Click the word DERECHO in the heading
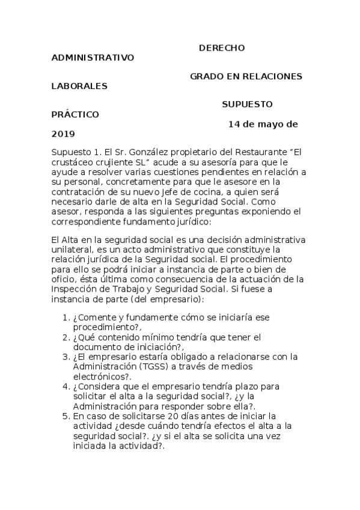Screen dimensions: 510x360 pyautogui.click(x=222, y=48)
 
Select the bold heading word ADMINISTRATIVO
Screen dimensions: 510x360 pyautogui.click(x=93, y=58)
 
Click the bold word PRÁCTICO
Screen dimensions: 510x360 pyautogui.click(x=76, y=114)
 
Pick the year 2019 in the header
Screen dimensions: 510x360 pyautogui.click(x=63, y=134)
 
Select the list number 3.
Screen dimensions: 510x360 pyautogui.click(x=66, y=357)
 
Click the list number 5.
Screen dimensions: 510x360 pyautogui.click(x=66, y=415)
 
